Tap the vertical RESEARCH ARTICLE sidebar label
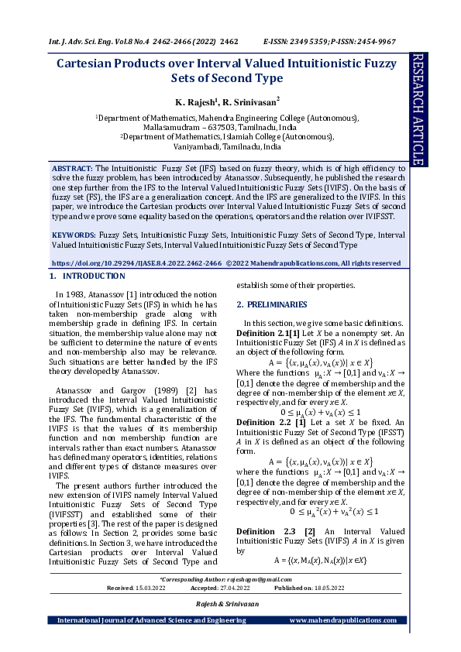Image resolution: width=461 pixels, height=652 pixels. click(x=418, y=109)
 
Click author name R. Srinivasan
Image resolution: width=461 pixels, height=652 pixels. click(x=249, y=101)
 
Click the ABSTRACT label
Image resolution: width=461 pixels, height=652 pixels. click(x=72, y=168)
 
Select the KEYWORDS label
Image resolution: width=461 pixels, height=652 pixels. click(x=74, y=234)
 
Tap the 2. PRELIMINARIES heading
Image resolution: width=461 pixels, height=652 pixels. click(x=273, y=304)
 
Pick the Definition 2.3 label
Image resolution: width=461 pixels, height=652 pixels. click(x=270, y=532)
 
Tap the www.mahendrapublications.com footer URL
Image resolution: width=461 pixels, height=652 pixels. click(x=343, y=620)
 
